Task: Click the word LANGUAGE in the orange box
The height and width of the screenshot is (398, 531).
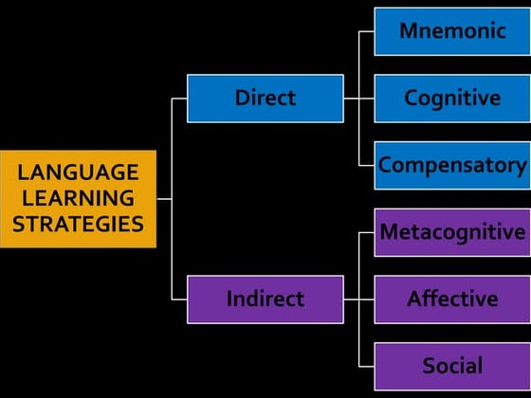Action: pos(78,172)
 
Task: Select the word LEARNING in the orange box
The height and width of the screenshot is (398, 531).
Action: pos(78,198)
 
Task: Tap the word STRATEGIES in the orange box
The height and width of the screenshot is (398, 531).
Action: pos(78,224)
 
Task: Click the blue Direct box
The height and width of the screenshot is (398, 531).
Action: pos(265,98)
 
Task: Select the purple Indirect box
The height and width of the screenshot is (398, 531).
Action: pos(265,299)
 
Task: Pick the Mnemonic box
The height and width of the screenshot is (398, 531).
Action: pos(452,31)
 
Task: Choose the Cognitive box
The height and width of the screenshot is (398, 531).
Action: pos(452,98)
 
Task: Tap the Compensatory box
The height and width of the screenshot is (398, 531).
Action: pos(452,165)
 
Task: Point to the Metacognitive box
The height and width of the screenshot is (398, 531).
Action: pos(452,232)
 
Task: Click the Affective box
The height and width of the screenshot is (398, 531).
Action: pos(452,299)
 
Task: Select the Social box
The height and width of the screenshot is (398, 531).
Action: pos(452,366)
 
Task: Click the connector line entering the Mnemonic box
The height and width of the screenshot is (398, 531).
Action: pos(367,31)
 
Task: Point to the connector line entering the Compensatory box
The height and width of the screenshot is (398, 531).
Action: pos(367,165)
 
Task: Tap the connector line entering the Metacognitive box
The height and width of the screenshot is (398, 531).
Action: pos(367,232)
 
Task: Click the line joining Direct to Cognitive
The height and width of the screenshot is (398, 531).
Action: pos(358,98)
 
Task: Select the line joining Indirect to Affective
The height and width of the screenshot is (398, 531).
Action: pos(358,299)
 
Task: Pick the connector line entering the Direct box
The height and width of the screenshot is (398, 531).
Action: pos(179,98)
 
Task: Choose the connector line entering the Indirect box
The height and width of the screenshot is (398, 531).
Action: pos(179,299)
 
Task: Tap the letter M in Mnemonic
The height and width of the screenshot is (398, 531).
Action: pos(409,31)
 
